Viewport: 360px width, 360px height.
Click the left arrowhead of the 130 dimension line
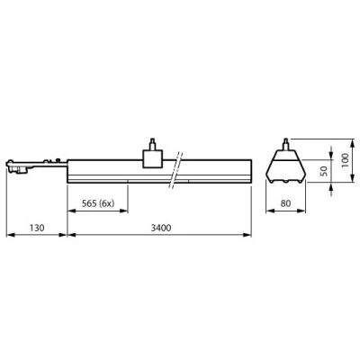point(8,237)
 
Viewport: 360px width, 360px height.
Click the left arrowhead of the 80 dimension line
point(269,212)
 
